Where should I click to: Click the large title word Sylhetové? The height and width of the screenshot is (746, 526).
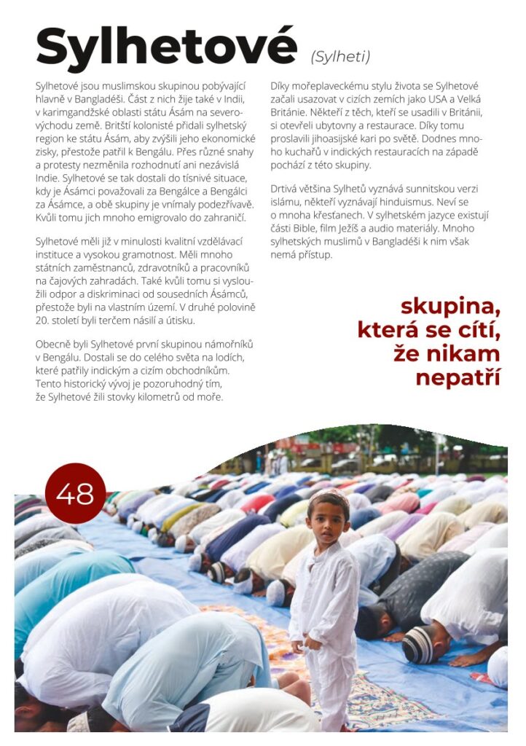point(166,47)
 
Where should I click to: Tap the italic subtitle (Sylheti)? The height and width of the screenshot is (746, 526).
point(340,56)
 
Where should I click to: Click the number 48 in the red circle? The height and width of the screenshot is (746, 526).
point(75,494)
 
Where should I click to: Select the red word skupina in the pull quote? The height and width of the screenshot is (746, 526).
point(450,306)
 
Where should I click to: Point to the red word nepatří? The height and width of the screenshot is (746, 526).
point(457,378)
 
